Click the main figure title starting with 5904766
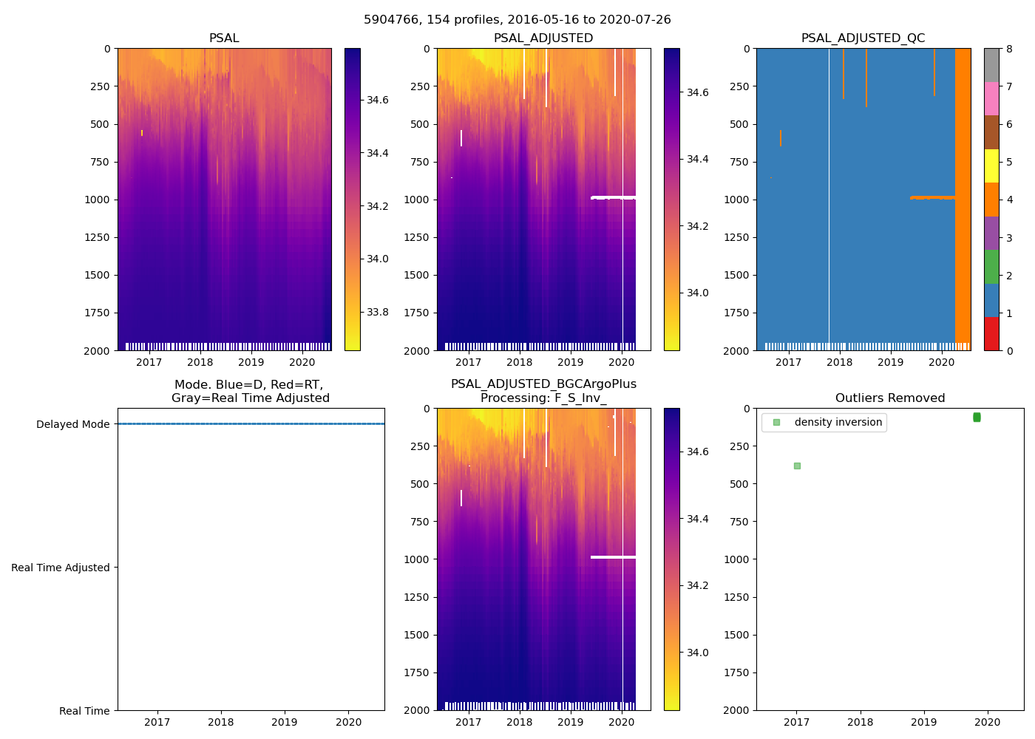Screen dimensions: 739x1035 [x=517, y=20]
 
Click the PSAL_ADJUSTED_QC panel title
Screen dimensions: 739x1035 [x=863, y=38]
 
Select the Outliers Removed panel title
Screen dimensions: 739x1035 [x=889, y=398]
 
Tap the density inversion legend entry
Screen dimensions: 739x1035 [x=838, y=423]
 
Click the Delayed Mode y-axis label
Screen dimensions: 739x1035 [x=72, y=424]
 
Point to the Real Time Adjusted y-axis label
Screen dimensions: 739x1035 [x=60, y=568]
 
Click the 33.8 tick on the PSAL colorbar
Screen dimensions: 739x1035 [x=378, y=312]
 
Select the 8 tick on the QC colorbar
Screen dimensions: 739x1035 [x=1009, y=49]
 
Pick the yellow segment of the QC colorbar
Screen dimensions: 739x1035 [x=991, y=166]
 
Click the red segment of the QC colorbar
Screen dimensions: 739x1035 [x=991, y=333]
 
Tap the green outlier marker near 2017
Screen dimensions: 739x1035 [x=797, y=466]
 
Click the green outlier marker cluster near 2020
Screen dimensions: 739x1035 [x=977, y=418]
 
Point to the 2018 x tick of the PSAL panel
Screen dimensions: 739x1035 [x=200, y=362]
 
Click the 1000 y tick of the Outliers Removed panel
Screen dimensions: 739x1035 [x=737, y=559]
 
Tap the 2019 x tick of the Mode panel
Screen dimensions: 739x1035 [x=285, y=722]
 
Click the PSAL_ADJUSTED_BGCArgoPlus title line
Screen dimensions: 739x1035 [x=543, y=384]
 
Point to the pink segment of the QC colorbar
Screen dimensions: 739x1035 [x=991, y=98]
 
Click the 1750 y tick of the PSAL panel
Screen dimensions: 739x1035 [x=97, y=313]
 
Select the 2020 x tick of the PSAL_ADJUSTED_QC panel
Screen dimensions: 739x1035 [x=941, y=362]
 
